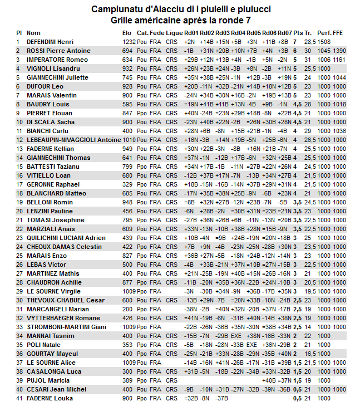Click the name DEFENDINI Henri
tap(50, 42)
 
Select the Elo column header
tap(127, 33)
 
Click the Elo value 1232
tap(129, 42)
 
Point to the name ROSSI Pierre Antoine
tap(58, 51)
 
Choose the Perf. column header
tap(324, 33)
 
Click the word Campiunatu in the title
tap(116, 9)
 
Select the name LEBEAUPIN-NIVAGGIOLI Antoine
tap(73, 140)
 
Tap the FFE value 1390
tap(339, 51)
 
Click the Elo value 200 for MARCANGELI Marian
tap(127, 309)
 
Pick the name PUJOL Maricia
tap(48, 380)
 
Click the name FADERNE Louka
tap(50, 398)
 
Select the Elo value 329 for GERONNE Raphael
tap(127, 184)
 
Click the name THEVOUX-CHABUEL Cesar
tap(66, 300)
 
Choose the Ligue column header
tap(174, 33)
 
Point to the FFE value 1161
tap(339, 60)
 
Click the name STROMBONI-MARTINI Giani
tap(67, 327)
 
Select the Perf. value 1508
tap(324, 42)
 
